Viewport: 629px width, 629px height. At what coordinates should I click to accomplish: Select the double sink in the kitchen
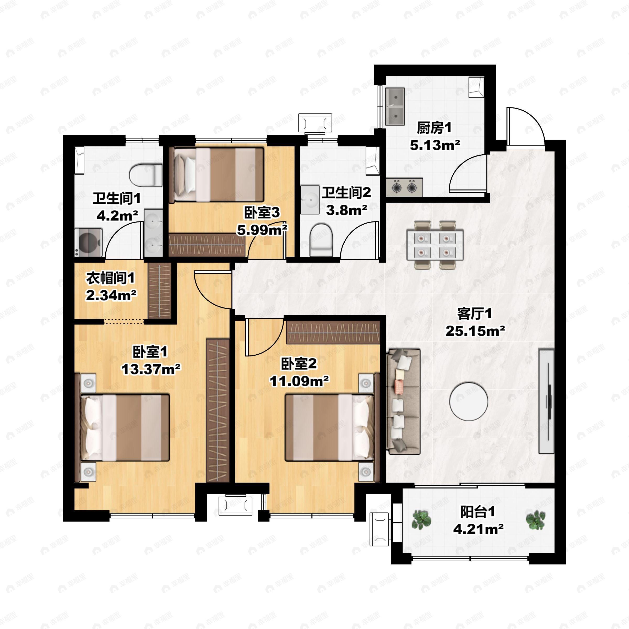coord(395,106)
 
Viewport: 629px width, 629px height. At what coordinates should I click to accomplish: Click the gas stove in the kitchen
coord(404,187)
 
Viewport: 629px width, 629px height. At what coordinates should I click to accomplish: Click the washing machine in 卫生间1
coord(89,242)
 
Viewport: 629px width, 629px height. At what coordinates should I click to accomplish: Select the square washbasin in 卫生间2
coord(310,200)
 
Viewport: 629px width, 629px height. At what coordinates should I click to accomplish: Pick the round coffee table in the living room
coord(469,401)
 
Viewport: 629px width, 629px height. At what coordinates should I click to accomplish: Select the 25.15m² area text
coord(475,331)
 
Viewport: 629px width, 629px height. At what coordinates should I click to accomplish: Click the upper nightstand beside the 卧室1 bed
coord(88,383)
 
